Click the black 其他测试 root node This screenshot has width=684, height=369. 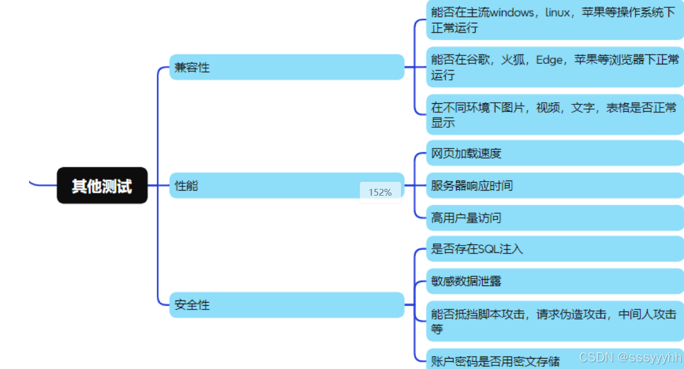point(102,185)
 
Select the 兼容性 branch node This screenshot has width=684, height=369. point(286,67)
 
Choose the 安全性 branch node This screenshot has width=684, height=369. point(286,305)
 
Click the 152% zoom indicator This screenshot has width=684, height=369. point(380,193)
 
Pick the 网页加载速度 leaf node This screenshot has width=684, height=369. point(554,153)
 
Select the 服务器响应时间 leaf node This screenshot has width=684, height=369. point(554,185)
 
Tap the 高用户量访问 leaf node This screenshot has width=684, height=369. point(554,217)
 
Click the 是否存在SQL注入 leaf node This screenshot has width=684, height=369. point(554,249)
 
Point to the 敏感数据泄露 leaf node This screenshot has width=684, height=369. point(554,281)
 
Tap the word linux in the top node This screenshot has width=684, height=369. point(557,13)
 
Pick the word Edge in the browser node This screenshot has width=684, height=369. point(549,60)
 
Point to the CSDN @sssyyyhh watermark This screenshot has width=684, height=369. point(630,358)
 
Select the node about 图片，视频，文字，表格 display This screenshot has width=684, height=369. point(554,115)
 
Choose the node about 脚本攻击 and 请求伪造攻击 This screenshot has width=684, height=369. point(554,321)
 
